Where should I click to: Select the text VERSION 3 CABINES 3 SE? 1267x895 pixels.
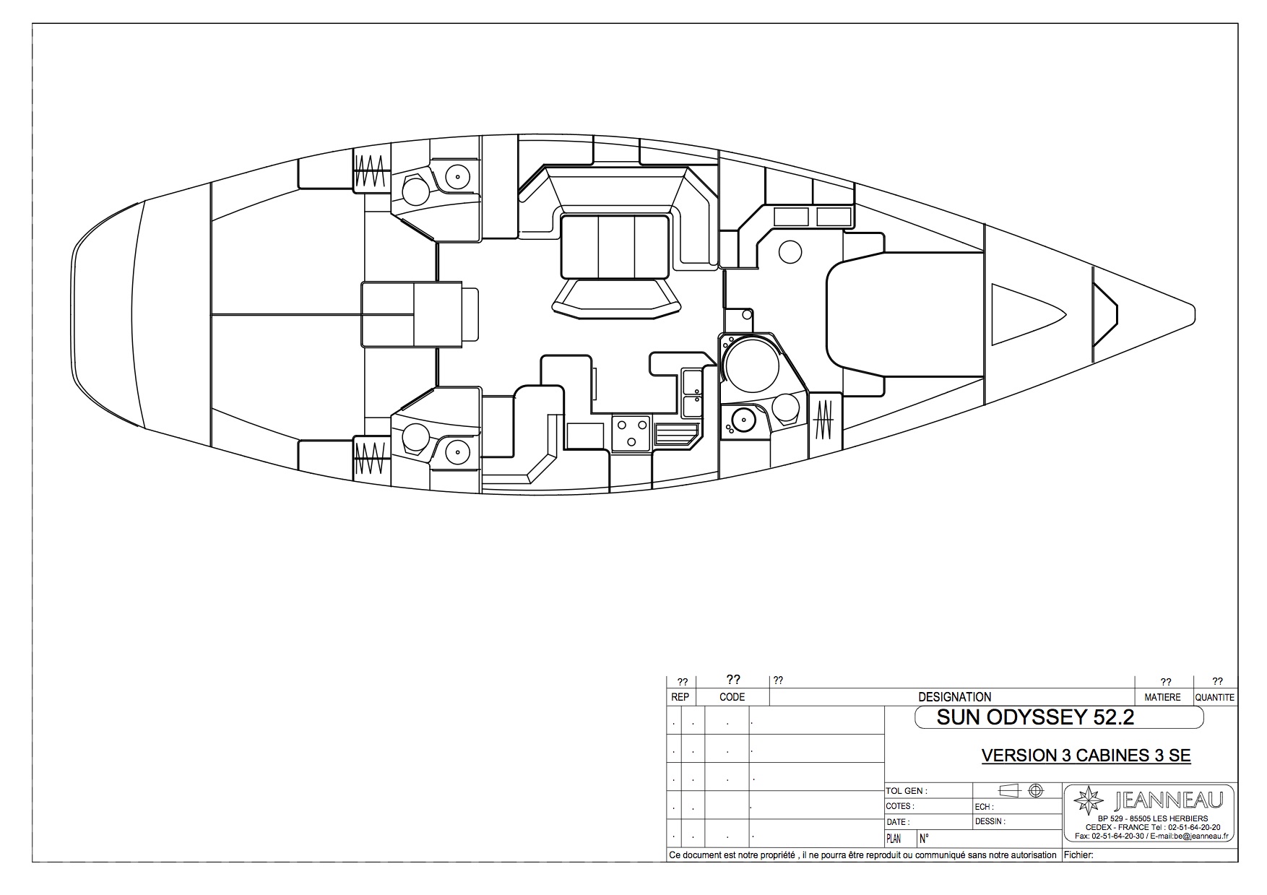click(1086, 756)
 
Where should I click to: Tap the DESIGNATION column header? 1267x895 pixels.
click(954, 697)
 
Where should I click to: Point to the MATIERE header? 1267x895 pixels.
click(1162, 697)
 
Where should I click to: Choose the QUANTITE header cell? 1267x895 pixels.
click(1215, 697)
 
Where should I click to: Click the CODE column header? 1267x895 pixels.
click(732, 697)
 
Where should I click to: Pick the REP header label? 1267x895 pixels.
click(680, 697)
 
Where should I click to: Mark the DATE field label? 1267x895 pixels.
click(897, 822)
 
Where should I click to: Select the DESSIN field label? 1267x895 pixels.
click(990, 821)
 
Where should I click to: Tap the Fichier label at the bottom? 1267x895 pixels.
click(1079, 855)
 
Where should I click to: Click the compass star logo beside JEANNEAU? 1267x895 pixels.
click(1089, 801)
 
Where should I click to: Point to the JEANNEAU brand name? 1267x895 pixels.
click(1169, 800)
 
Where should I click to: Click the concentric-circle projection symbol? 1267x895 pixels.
click(1036, 790)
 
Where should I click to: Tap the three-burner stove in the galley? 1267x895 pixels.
click(631, 433)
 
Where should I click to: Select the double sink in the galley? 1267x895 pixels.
click(691, 393)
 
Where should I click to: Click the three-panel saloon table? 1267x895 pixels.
click(616, 246)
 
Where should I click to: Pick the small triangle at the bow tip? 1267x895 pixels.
click(1104, 314)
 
